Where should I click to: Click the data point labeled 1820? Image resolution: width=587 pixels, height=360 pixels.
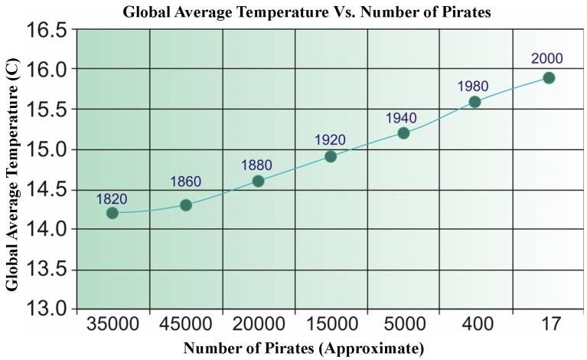tap(113, 213)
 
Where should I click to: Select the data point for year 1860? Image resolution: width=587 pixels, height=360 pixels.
tap(185, 205)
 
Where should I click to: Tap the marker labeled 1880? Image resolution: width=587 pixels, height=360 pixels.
tap(258, 181)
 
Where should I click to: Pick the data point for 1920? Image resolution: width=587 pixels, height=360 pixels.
tap(331, 156)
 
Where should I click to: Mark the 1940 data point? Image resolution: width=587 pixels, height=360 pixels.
tap(403, 133)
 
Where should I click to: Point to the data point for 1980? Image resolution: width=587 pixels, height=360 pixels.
tap(474, 101)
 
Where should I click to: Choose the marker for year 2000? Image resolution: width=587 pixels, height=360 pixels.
tap(549, 77)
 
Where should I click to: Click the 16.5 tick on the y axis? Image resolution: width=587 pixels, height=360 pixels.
tap(47, 30)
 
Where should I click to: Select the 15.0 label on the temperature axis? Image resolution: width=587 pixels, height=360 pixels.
tap(47, 149)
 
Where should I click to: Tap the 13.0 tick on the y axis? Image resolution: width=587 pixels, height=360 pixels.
tap(47, 309)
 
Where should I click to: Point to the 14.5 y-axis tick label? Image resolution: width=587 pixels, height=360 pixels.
tap(47, 189)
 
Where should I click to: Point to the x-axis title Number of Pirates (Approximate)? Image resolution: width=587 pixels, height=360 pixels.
tap(303, 349)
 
